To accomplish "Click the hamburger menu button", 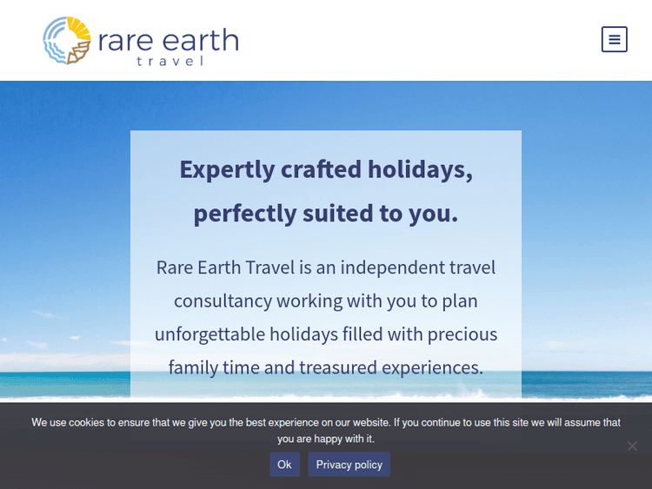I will (614, 39).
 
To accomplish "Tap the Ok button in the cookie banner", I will (284, 465).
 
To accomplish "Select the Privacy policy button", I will (349, 465).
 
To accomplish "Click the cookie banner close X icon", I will (632, 446).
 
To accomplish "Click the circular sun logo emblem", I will (67, 40).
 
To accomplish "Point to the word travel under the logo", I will (170, 61).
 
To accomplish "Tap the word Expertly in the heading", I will (227, 169).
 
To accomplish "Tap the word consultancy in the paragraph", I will (223, 301).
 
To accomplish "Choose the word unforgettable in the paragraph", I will (210, 334).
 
